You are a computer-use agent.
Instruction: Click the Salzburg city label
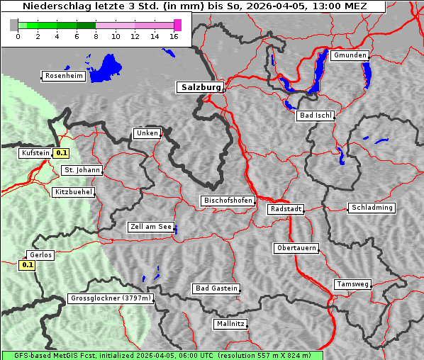[200, 87]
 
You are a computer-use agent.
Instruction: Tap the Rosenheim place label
[63, 76]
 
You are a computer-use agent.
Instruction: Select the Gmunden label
[350, 55]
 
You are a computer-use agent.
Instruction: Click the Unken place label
[147, 133]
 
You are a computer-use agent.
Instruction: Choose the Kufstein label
[35, 153]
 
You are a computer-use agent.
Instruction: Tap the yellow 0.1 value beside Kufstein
[62, 152]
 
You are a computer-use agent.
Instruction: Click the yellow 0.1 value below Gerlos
[27, 265]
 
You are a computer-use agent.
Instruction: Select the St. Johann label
[82, 170]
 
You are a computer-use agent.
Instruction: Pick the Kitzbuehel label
[73, 192]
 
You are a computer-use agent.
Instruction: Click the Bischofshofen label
[228, 201]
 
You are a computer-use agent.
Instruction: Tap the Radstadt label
[286, 209]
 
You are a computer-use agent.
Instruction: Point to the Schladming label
[371, 208]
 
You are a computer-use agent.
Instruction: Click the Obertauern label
[296, 248]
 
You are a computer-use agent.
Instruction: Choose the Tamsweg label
[352, 284]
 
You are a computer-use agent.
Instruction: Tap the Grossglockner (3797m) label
[111, 298]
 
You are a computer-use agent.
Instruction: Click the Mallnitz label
[230, 324]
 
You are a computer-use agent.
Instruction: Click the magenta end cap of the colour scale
[177, 25]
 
